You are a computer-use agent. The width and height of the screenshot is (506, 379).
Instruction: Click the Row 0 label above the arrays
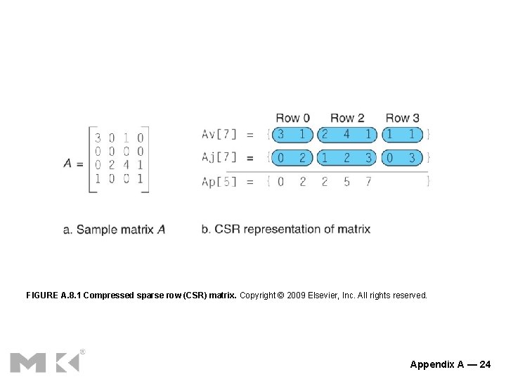[x=292, y=118]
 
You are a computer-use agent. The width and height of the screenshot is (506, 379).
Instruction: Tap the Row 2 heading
[x=347, y=118]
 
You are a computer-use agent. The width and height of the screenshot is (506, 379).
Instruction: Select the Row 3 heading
[x=402, y=118]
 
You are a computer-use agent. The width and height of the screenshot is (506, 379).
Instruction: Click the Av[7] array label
[x=219, y=134]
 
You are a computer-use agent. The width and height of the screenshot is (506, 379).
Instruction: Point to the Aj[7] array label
[x=219, y=157]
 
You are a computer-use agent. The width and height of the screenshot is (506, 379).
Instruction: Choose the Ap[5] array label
[x=219, y=181]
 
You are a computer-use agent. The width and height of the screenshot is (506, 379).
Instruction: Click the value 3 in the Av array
[x=281, y=134]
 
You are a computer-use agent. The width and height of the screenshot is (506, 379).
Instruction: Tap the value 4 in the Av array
[x=346, y=134]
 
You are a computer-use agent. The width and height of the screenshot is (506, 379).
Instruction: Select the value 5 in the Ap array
[x=346, y=181]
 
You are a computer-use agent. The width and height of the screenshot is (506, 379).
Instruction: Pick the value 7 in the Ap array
[x=369, y=181]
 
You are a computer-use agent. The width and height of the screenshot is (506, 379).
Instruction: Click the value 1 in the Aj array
[x=325, y=157]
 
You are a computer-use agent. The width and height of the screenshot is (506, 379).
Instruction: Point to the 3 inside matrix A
[x=98, y=138]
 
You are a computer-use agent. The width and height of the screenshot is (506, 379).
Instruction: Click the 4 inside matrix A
[x=126, y=165]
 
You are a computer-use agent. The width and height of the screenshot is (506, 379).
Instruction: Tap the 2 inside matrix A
[x=112, y=165]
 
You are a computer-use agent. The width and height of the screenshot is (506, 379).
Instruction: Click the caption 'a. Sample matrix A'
[x=114, y=230]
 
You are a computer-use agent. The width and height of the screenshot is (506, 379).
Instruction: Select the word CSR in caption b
[x=228, y=229]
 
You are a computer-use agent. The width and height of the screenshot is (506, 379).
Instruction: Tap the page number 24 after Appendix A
[x=485, y=364]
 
